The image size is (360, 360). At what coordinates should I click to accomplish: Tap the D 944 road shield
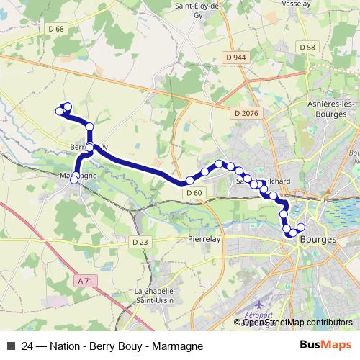point(235,57)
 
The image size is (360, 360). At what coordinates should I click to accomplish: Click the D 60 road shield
point(193,193)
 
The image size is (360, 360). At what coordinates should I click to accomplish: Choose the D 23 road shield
point(141,243)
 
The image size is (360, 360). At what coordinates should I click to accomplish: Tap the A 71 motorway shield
point(85,280)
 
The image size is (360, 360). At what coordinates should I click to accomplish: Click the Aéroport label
point(259,315)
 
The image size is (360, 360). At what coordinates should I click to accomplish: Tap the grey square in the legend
point(11,346)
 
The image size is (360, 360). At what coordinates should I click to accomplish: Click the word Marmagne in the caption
point(170,346)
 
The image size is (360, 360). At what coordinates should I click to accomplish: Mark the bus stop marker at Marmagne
point(74,179)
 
